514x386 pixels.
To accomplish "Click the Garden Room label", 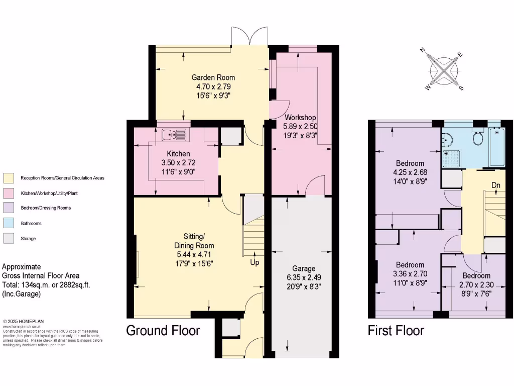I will tap(213, 77).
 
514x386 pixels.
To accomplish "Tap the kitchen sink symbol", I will tap(174, 135).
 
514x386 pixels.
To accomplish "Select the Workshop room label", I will tap(299, 118).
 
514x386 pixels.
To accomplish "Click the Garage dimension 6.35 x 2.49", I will tap(301, 277).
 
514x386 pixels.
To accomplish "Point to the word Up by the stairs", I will tap(255, 262).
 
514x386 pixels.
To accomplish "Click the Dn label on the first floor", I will tap(495, 185).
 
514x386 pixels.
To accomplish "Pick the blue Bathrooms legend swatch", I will tap(9, 223).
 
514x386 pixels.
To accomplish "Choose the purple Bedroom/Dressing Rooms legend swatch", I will tap(9, 208).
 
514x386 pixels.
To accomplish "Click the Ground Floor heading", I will tap(163, 331).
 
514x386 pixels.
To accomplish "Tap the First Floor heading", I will tap(396, 331).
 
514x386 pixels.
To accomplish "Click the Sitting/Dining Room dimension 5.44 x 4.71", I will tap(194, 254).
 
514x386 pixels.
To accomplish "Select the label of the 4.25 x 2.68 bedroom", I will tap(410, 163).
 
